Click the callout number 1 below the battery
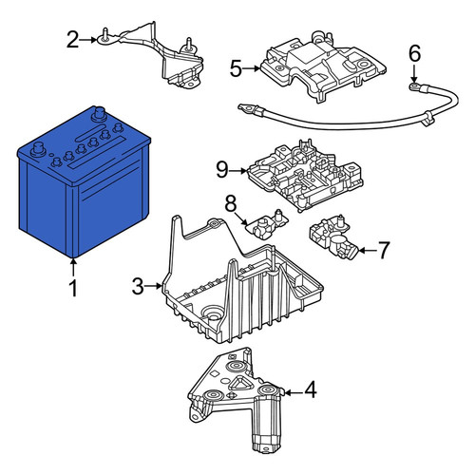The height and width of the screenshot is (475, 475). (73, 289)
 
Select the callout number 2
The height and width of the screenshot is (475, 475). (73, 40)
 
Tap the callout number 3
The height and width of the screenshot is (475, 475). (138, 286)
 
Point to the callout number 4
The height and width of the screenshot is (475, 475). (311, 389)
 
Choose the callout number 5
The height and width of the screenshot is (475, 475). (236, 68)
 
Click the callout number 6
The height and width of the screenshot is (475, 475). (414, 53)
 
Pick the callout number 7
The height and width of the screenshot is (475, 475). (384, 250)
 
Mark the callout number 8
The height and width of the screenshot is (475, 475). (231, 203)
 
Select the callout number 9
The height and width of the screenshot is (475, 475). (222, 170)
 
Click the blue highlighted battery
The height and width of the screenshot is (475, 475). (83, 183)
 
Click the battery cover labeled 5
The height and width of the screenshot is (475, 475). (323, 66)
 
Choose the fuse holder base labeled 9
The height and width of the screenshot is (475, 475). (306, 176)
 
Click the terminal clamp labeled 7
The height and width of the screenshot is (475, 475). (332, 236)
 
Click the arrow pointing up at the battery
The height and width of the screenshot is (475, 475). (73, 268)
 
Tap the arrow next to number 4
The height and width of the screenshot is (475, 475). (293, 393)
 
